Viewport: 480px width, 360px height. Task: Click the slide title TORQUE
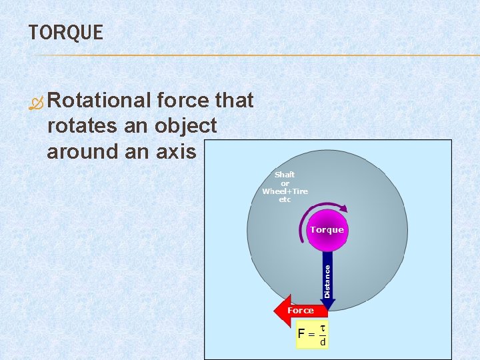coord(66,33)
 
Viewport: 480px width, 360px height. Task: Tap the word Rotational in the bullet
coord(99,101)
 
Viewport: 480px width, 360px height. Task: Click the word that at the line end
coord(234,101)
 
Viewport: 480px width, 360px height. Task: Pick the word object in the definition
coord(185,126)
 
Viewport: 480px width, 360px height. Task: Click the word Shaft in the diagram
coord(285,175)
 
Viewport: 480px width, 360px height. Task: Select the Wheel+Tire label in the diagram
coord(285,191)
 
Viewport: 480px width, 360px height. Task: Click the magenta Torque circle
coord(327,230)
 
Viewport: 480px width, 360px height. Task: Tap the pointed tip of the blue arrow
coord(327,307)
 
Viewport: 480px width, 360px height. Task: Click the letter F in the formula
coord(302,333)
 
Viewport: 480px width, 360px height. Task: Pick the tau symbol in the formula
coord(323,327)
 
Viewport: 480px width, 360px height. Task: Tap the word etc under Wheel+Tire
coord(285,199)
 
